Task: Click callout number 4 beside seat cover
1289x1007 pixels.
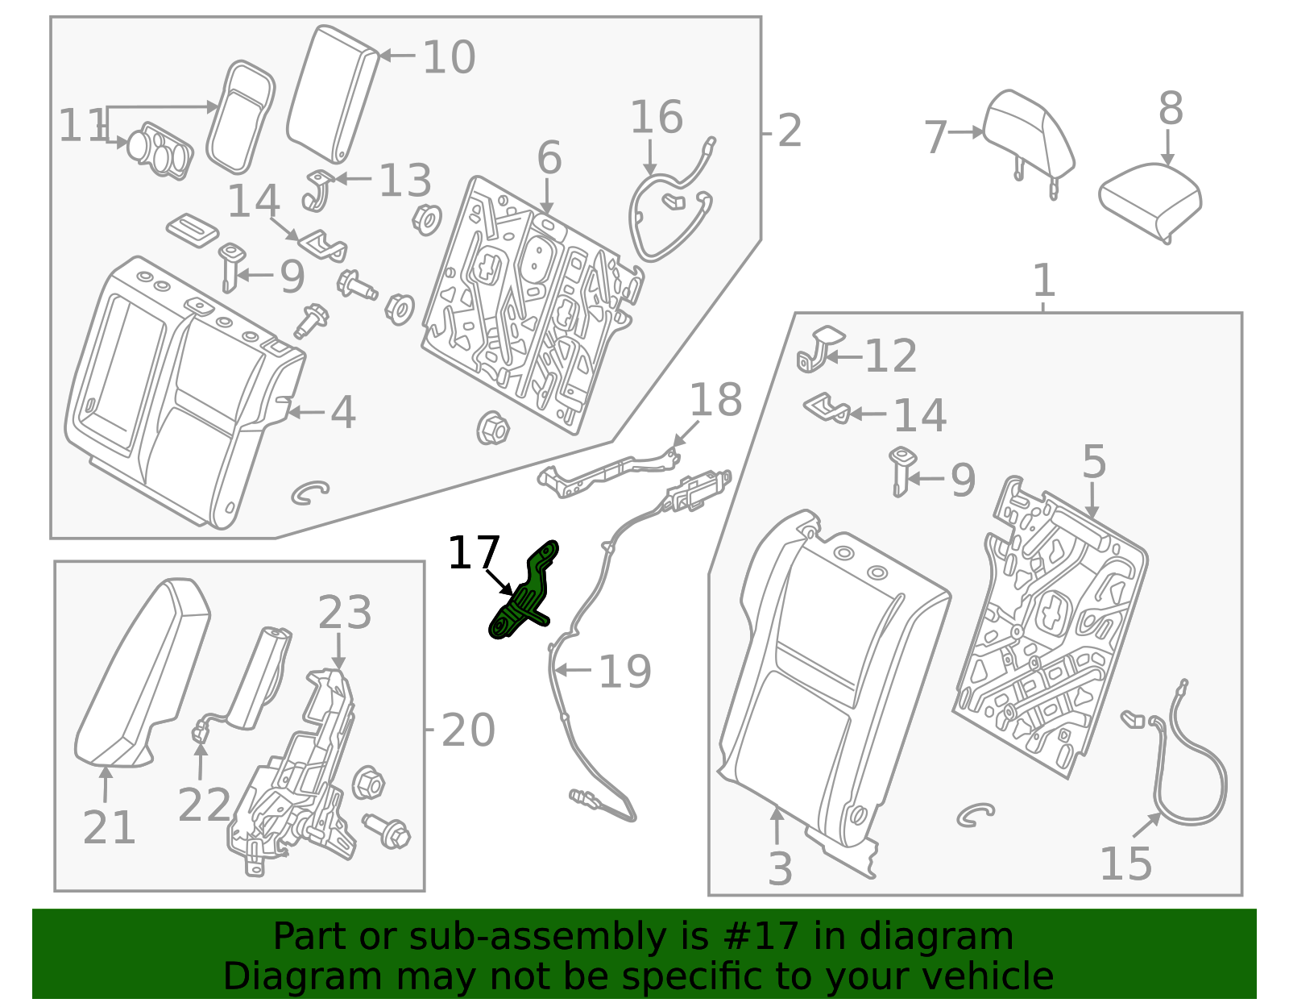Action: pyautogui.click(x=342, y=412)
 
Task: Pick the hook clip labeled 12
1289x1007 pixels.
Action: pyautogui.click(x=815, y=352)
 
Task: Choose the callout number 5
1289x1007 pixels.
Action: pyautogui.click(x=1093, y=463)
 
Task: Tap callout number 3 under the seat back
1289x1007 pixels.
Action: pyautogui.click(x=779, y=868)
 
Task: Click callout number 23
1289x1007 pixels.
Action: pyautogui.click(x=344, y=613)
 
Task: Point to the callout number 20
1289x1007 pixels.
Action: pyautogui.click(x=467, y=730)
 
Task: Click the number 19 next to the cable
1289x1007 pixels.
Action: pyautogui.click(x=624, y=671)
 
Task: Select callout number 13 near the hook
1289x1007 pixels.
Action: pyautogui.click(x=404, y=181)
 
